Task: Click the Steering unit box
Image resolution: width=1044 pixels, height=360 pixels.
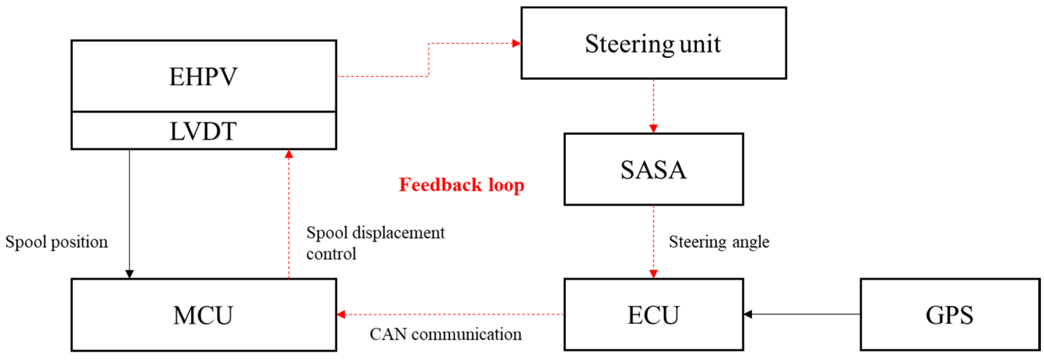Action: coord(653,44)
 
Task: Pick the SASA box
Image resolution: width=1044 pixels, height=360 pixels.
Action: coord(653,169)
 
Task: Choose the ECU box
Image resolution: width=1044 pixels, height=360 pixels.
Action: coord(653,315)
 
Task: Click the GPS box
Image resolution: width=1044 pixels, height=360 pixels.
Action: coord(949,315)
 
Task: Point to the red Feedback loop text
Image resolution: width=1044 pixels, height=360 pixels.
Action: coord(461,185)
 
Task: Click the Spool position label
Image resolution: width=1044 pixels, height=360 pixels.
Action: coord(56,242)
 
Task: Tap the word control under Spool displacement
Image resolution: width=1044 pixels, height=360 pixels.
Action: coord(331,254)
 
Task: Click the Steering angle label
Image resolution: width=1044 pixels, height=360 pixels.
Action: coord(718,242)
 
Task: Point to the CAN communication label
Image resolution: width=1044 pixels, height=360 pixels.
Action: coord(446,335)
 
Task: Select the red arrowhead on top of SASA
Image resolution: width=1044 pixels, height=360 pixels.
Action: coord(653,129)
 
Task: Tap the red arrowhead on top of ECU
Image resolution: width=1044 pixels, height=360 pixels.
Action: coord(653,274)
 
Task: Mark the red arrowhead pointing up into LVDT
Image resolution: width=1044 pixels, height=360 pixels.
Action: coord(289,154)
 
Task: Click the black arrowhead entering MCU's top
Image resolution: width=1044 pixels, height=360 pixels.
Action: coord(129,274)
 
